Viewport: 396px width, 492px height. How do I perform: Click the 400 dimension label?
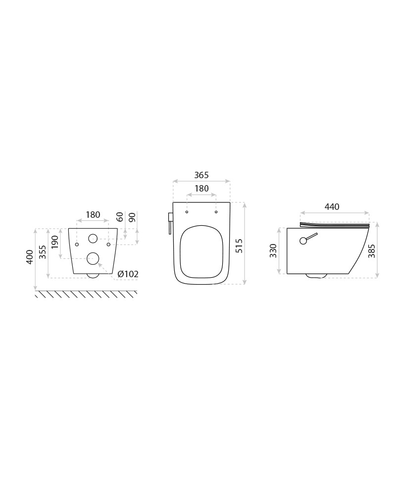(x=30, y=257)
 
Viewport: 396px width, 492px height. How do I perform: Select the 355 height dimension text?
(x=43, y=252)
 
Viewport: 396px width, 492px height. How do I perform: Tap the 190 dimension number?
(x=55, y=242)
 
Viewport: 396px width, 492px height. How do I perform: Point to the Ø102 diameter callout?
(x=128, y=274)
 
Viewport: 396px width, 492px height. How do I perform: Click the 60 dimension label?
(x=120, y=216)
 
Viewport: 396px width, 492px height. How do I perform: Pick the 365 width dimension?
(x=201, y=175)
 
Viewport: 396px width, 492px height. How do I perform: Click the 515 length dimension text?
(x=239, y=246)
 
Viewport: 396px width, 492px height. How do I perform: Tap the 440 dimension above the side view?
(x=332, y=206)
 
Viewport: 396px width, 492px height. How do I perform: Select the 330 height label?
(x=273, y=251)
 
